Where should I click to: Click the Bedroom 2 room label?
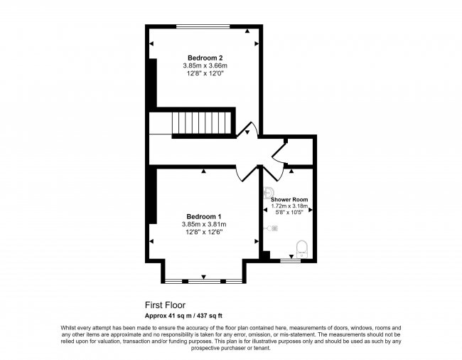pos(204,57)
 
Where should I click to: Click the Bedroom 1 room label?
pos(204,216)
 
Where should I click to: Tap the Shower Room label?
pos(289,199)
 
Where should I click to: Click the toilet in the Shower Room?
pos(301,247)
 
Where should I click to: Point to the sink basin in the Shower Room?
pos(269,193)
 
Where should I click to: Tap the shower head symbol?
pos(273,228)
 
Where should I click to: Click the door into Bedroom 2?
pos(247,129)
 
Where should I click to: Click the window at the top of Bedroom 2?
pos(204,27)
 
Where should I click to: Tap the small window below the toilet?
pos(289,261)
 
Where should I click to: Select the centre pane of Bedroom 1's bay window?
pos(204,281)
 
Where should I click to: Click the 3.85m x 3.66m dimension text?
pos(204,65)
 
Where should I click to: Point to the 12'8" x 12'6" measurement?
pos(204,233)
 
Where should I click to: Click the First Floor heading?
pos(165,305)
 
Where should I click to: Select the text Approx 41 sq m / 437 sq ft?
pos(184,315)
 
